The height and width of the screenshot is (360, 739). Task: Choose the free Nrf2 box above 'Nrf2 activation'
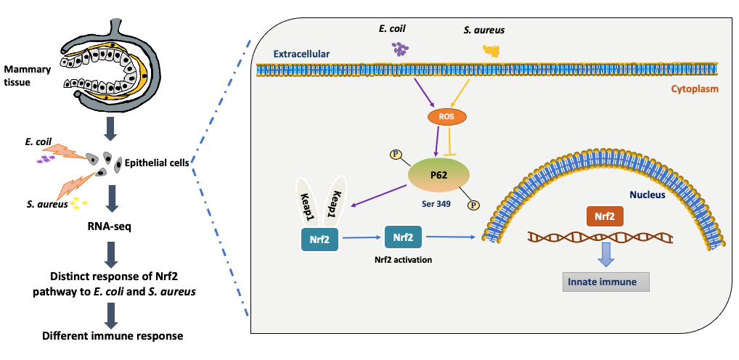[x=402, y=237]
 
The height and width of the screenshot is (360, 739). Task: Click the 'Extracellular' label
[x=302, y=54]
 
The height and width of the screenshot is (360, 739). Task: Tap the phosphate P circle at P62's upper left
[x=396, y=153]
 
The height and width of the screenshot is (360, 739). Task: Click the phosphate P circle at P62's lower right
[x=473, y=205]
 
